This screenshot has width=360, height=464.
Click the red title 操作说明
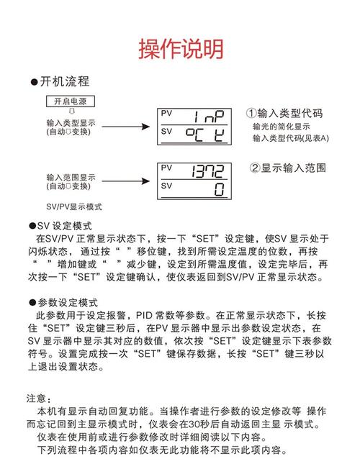[180, 49]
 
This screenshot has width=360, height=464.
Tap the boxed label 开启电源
[70, 101]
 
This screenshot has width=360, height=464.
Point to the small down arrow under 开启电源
[70, 112]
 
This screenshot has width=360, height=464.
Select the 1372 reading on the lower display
[208, 171]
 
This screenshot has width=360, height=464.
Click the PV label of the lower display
[167, 168]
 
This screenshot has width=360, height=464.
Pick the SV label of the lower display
[167, 186]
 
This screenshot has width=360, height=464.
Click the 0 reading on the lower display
[219, 189]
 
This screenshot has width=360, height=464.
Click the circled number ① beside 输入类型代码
[251, 114]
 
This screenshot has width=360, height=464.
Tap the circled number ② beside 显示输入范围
[255, 168]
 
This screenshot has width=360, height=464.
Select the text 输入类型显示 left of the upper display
[71, 122]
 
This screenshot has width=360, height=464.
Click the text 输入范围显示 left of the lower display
[71, 177]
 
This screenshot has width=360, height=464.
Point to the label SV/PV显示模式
[74, 206]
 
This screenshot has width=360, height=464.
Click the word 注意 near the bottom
[37, 398]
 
